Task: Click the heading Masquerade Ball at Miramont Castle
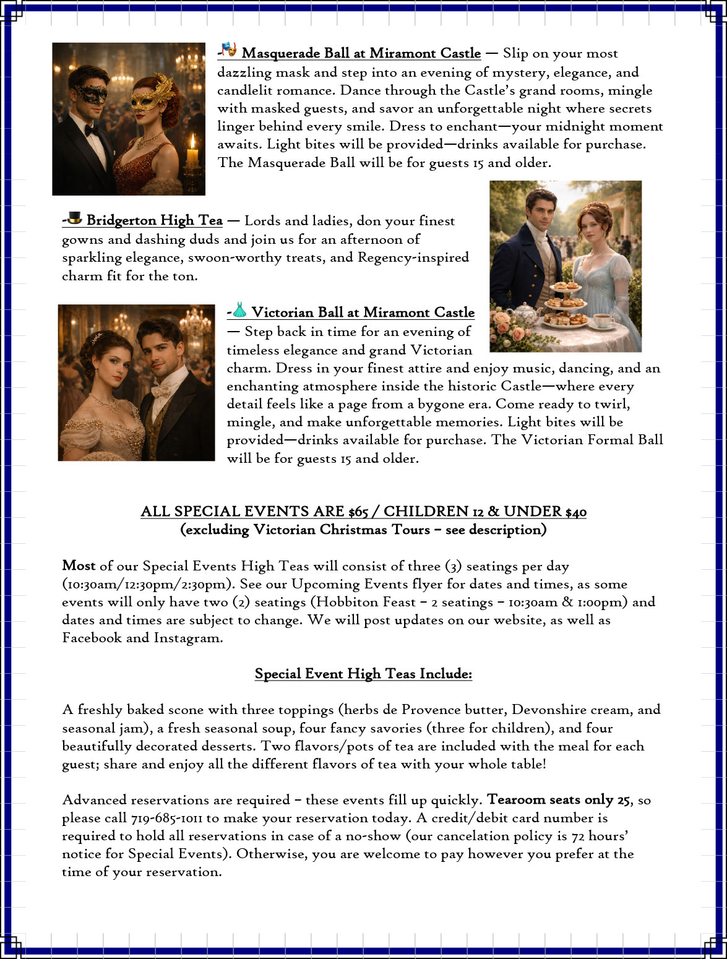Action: pyautogui.click(x=361, y=53)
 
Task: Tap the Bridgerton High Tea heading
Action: pyautogui.click(x=154, y=220)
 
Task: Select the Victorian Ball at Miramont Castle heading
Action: pyautogui.click(x=363, y=312)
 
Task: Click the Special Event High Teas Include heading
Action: pyautogui.click(x=363, y=674)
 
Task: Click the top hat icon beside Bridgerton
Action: pyautogui.click(x=75, y=218)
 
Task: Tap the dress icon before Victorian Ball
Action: pyautogui.click(x=239, y=310)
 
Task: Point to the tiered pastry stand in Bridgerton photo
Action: pyautogui.click(x=566, y=303)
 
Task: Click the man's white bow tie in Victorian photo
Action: pyautogui.click(x=161, y=391)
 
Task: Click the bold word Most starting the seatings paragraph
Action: pyautogui.click(x=79, y=566)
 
